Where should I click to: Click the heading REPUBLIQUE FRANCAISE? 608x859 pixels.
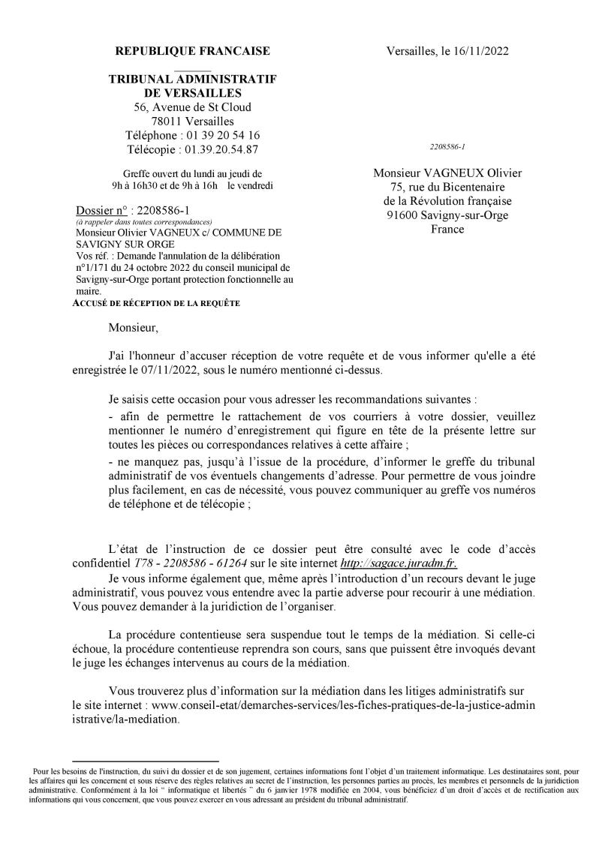[192, 51]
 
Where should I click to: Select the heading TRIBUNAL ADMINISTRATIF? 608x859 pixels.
[192, 79]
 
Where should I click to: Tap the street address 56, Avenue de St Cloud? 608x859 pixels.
[192, 107]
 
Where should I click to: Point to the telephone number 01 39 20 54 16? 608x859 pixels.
[221, 135]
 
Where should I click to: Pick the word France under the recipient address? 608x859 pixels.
[447, 229]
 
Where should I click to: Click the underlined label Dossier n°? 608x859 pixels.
[101, 210]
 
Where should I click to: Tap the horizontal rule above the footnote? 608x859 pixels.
[145, 761]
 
